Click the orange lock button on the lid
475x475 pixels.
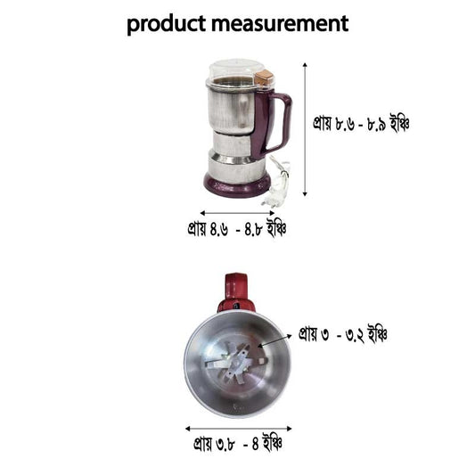263,78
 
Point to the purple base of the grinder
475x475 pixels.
236,185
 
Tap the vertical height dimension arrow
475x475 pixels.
306,129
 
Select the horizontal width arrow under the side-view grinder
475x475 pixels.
235,213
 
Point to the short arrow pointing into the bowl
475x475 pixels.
274,340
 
